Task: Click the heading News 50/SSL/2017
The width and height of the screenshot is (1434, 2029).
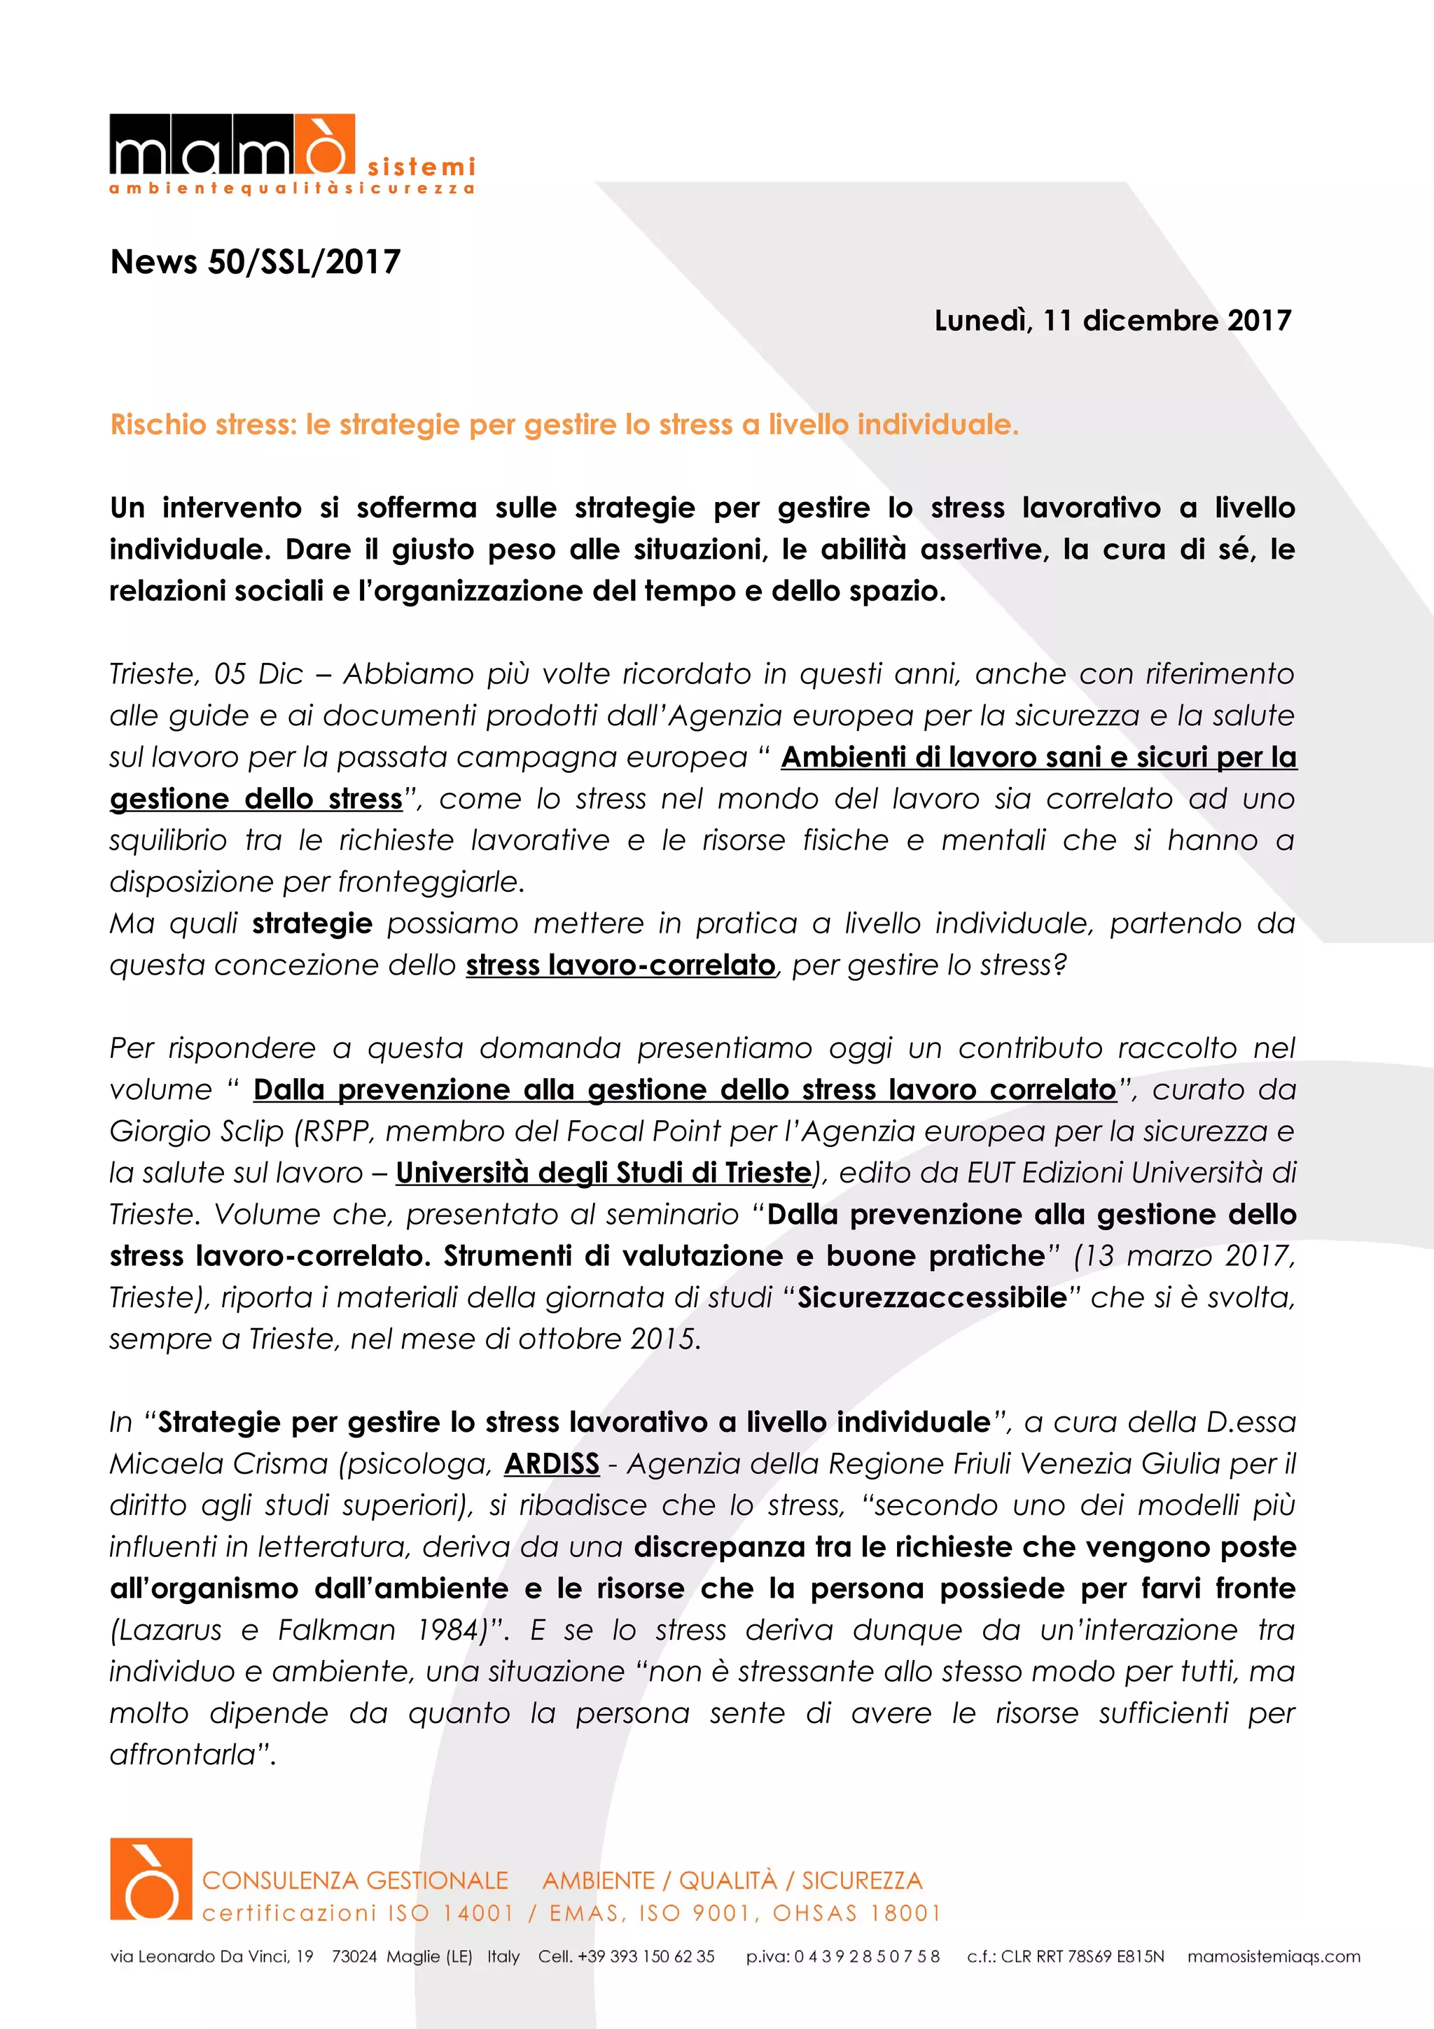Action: point(256,262)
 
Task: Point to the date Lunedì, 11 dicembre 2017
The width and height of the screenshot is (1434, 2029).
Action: point(1113,320)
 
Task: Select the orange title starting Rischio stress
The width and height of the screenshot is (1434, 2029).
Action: point(564,425)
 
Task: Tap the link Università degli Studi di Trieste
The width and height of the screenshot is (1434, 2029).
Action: point(603,1173)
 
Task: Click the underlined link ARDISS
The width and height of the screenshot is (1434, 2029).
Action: point(551,1463)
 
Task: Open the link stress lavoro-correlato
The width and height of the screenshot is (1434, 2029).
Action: point(620,965)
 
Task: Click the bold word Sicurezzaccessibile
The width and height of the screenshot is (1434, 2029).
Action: point(932,1297)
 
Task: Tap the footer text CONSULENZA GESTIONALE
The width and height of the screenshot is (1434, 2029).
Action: point(355,1881)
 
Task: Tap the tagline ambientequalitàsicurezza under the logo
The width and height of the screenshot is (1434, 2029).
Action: point(291,189)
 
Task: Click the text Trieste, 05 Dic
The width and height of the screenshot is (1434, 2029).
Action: point(206,674)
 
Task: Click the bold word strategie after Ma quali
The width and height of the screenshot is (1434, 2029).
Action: point(312,923)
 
